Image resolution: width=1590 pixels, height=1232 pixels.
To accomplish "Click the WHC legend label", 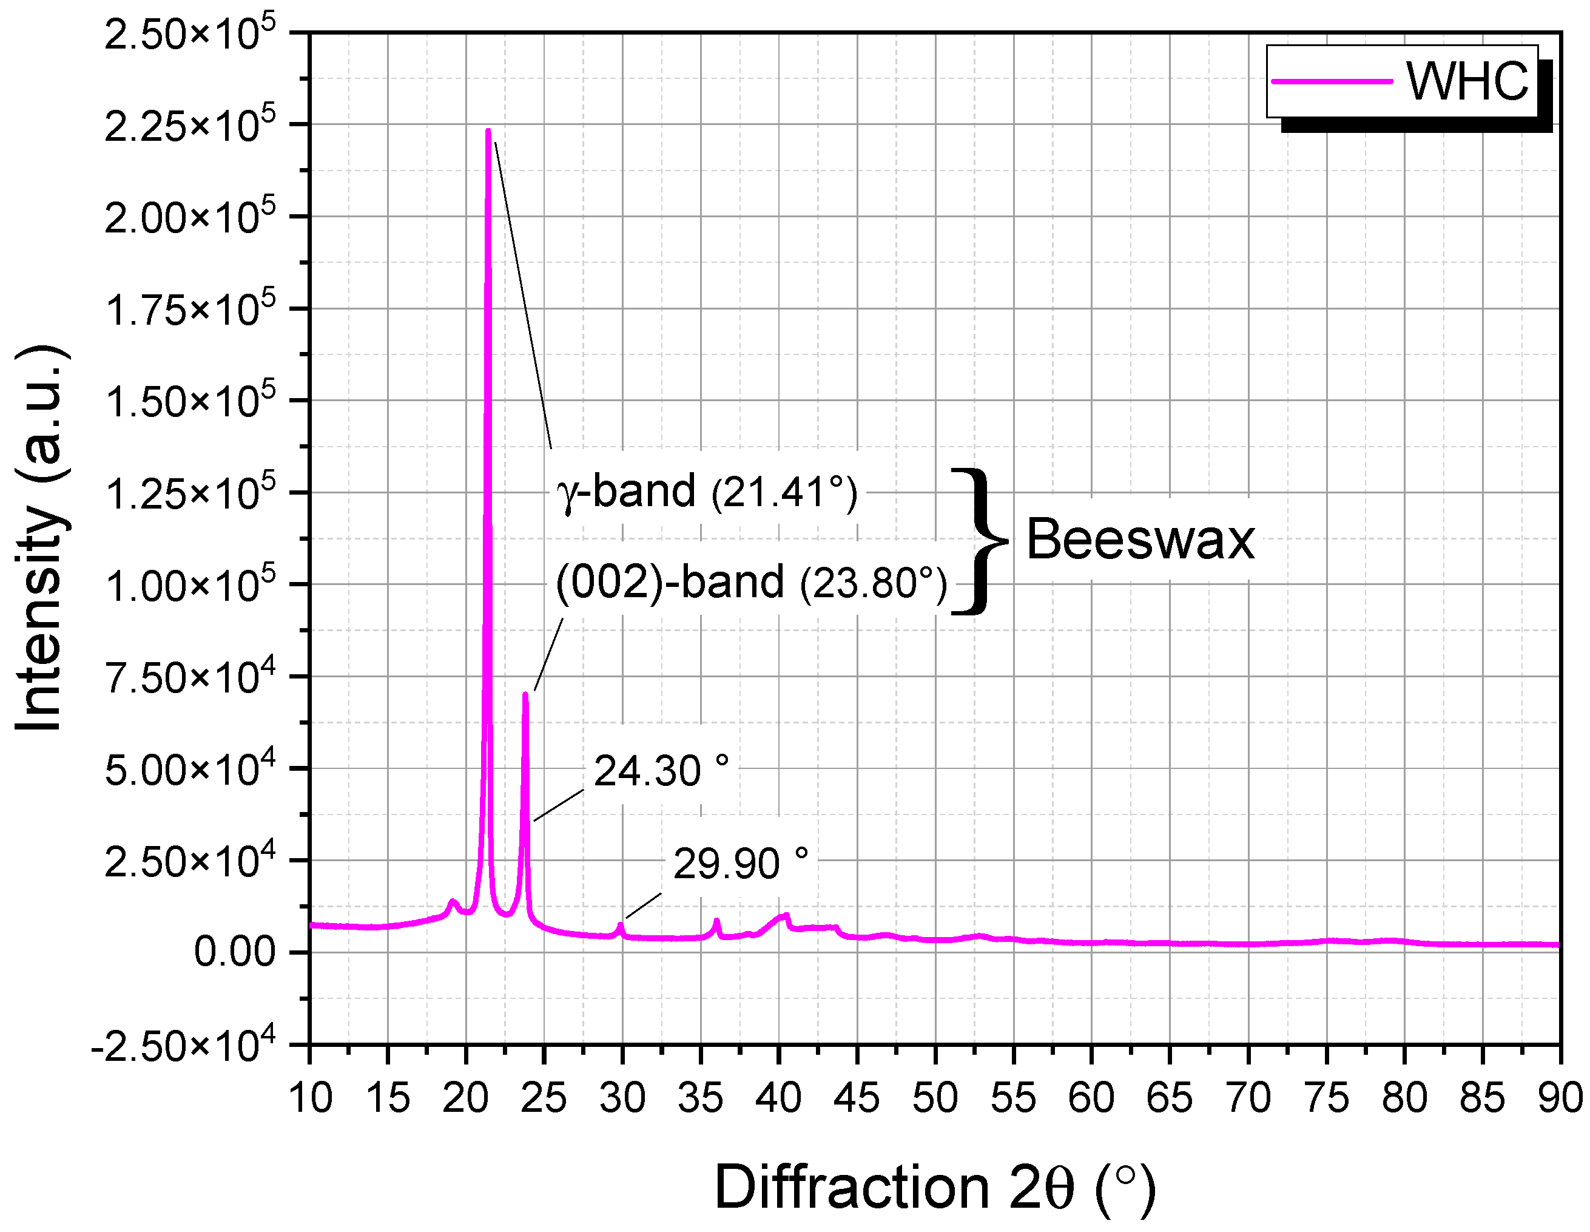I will click(1466, 81).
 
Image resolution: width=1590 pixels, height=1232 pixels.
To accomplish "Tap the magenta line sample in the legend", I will click(1332, 81).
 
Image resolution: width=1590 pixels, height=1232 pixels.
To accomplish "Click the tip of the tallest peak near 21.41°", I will click(488, 131).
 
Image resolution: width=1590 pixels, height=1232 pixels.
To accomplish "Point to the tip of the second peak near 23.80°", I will click(525, 695).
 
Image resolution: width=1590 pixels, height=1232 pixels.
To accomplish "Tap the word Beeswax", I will click(1140, 540).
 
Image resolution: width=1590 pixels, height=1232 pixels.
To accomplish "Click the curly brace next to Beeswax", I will click(979, 540).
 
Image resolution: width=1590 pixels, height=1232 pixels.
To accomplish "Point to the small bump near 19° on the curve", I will click(452, 903).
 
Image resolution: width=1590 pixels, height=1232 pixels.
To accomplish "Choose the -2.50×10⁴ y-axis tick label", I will click(183, 1046).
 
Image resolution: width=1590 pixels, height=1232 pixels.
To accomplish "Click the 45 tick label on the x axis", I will click(857, 1098).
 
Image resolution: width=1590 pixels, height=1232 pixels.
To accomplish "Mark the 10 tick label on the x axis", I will click(310, 1098).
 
